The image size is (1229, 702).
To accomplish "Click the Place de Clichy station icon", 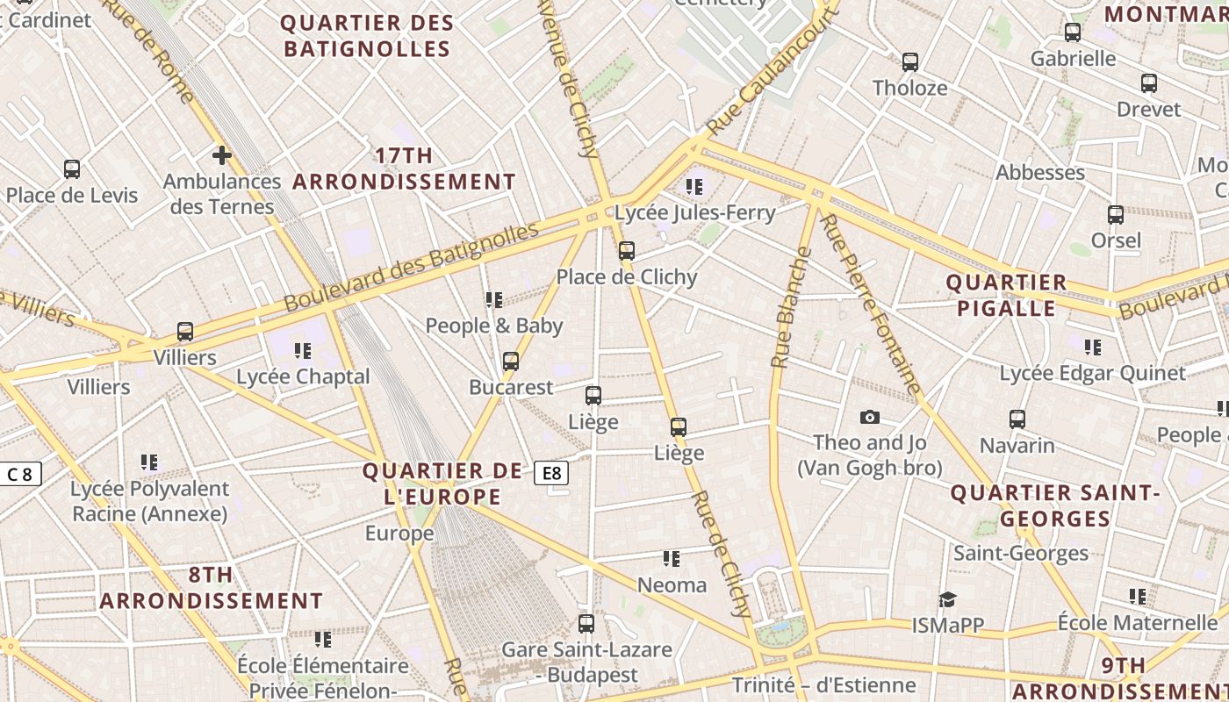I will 626,251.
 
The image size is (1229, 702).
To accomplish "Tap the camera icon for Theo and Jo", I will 870,417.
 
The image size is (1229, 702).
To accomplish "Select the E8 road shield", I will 551,473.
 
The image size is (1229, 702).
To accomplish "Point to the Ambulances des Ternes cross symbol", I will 221,155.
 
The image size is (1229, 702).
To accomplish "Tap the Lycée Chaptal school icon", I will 303,351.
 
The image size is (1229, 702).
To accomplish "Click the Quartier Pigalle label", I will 1006,296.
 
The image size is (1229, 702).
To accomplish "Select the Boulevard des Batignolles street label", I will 411,268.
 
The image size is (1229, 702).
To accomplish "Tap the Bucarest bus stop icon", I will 510,362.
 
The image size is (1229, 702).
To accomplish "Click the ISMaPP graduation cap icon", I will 947,600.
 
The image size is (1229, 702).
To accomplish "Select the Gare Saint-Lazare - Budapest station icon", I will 586,624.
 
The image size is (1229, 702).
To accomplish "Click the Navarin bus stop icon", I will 1017,419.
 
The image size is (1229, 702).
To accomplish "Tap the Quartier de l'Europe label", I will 442,484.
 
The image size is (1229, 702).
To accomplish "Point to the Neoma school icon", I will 672,559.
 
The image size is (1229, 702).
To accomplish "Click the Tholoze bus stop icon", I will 910,62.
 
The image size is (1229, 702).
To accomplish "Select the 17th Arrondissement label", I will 404,168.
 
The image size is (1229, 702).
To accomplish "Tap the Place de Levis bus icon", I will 72,169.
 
